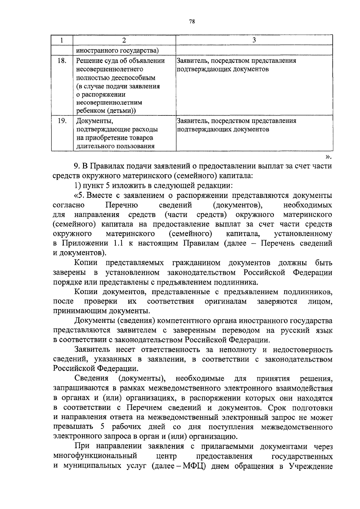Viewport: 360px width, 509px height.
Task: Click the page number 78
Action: (x=192, y=21)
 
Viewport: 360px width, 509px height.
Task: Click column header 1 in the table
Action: (x=62, y=40)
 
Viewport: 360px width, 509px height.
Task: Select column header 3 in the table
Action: (x=254, y=40)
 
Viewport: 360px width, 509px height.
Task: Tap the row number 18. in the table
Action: (x=62, y=61)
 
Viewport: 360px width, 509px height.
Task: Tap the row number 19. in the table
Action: (x=62, y=121)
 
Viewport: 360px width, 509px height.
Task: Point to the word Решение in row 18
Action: (x=89, y=61)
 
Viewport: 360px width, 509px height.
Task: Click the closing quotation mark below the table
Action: (x=328, y=156)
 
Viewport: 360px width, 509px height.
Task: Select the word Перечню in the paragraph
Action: (x=121, y=205)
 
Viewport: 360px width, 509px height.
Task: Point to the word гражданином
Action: (x=196, y=263)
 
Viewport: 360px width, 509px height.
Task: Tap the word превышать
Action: (x=71, y=427)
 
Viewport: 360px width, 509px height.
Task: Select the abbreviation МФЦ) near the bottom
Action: (x=195, y=475)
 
